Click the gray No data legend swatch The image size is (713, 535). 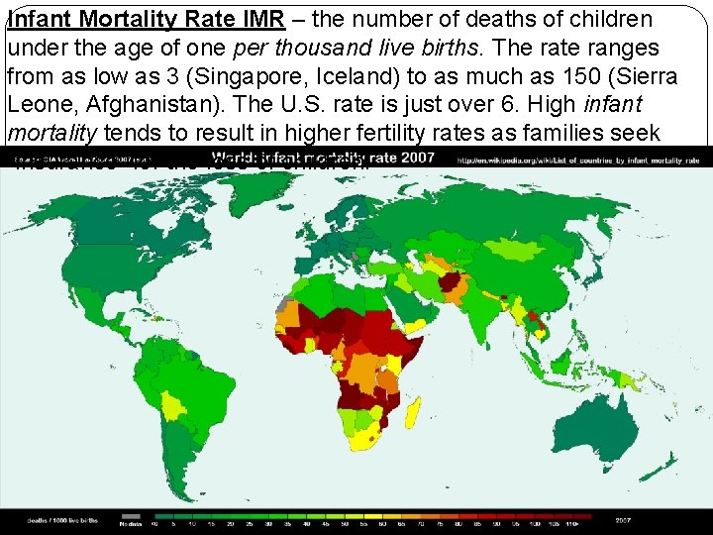[x=129, y=516]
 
